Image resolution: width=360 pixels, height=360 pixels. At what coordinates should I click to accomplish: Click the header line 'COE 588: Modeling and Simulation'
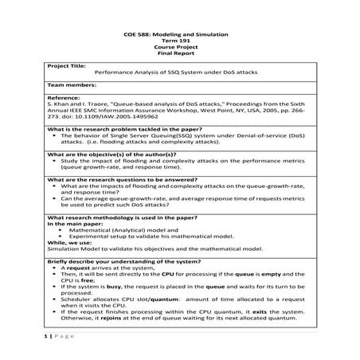click(x=180, y=37)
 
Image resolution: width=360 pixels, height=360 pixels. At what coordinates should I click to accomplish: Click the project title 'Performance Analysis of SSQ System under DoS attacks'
click(x=180, y=72)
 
